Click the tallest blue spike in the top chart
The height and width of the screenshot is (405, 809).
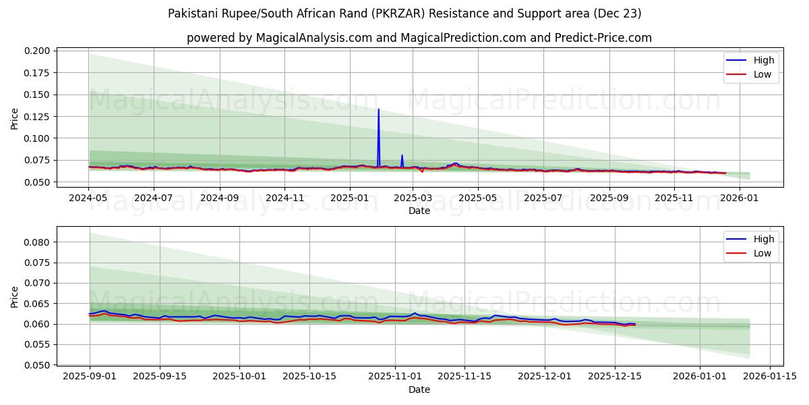[x=378, y=109]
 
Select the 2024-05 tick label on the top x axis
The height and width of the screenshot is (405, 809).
[x=88, y=198]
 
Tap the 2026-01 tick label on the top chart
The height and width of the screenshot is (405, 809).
[x=740, y=198]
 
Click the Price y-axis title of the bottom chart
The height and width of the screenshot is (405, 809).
[x=15, y=296]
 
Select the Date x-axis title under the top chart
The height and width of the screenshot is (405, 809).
[x=419, y=211]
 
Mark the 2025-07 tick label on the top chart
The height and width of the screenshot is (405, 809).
[x=543, y=198]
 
